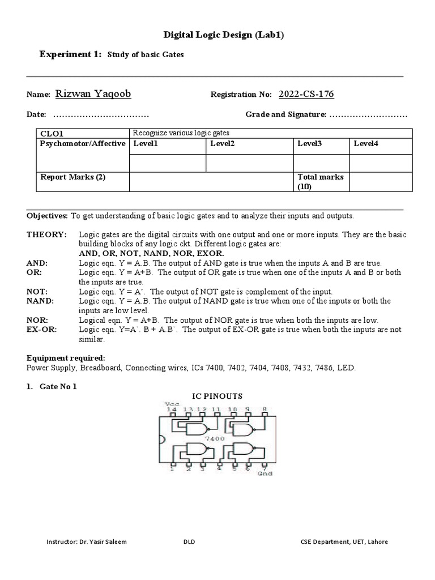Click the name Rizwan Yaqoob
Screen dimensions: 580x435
[95, 94]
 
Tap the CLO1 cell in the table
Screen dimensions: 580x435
[50, 133]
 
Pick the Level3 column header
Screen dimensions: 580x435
[309, 144]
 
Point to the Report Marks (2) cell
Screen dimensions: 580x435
[72, 177]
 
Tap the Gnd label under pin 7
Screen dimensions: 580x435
[264, 472]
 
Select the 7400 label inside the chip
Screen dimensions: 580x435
[215, 438]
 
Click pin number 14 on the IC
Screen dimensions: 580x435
[171, 408]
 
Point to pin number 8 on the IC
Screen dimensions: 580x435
[265, 408]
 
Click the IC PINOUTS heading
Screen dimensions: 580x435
[217, 395]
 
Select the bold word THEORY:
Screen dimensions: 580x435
[46, 234]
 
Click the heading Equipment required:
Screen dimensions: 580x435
[66, 358]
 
